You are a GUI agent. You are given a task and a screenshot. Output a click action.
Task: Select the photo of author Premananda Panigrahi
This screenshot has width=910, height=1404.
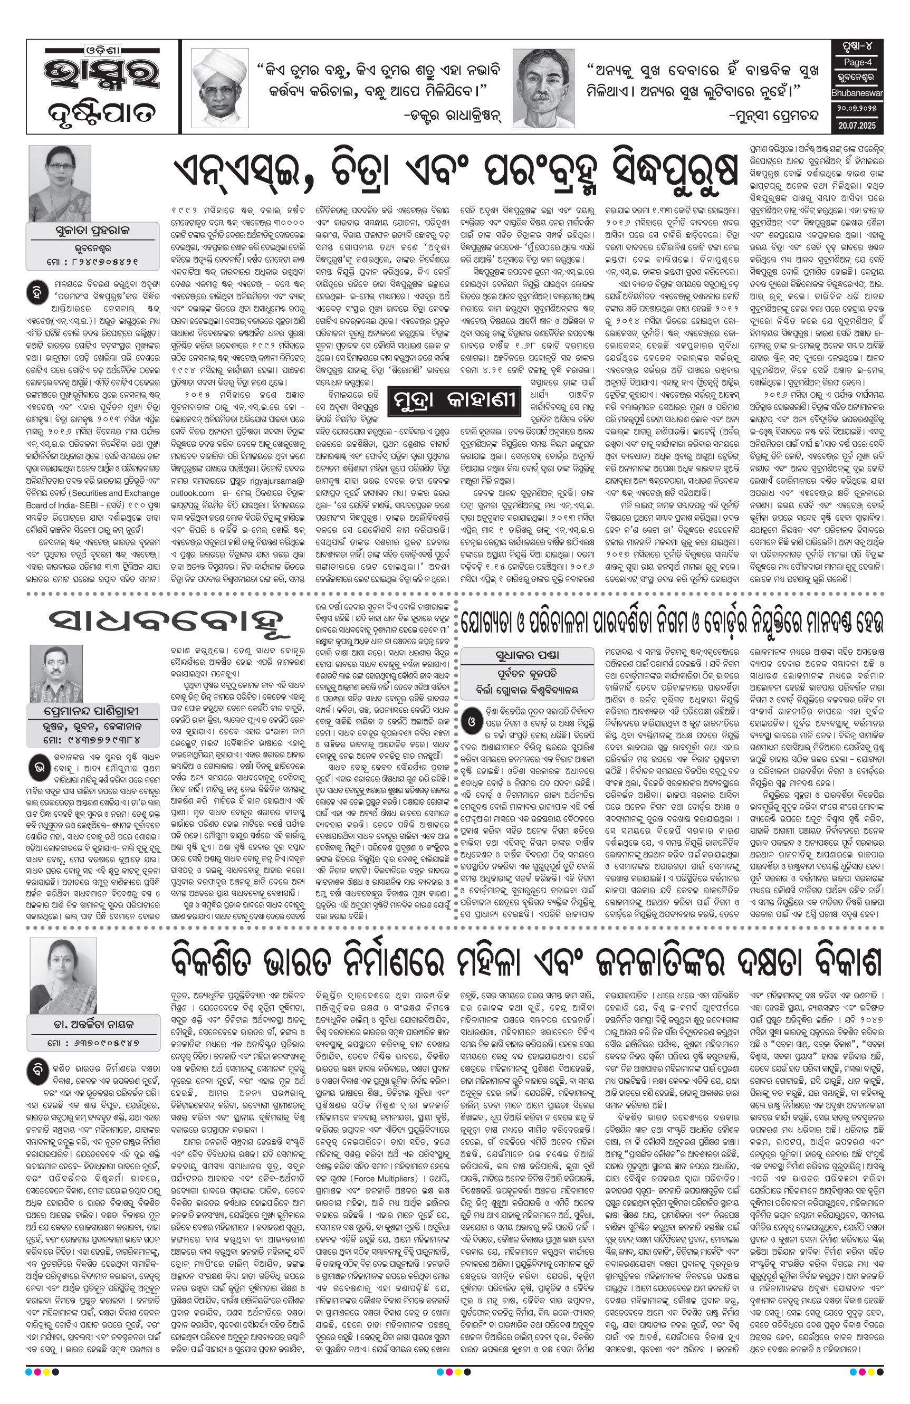56,673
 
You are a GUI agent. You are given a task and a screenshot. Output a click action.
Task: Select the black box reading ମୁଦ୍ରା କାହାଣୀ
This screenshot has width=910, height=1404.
455,400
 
